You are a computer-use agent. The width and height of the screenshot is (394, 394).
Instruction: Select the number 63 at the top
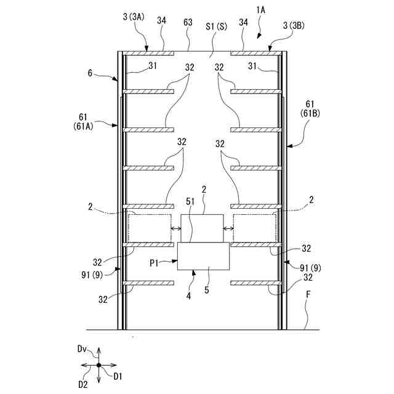188,22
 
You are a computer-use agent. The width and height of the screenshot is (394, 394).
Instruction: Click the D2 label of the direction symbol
82,384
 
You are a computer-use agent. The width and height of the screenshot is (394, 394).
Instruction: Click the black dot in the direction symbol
98,365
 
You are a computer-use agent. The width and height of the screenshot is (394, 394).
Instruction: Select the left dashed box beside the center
150,228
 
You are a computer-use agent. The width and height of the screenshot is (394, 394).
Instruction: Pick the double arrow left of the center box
175,230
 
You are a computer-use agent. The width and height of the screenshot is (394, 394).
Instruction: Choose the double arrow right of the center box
228,230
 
